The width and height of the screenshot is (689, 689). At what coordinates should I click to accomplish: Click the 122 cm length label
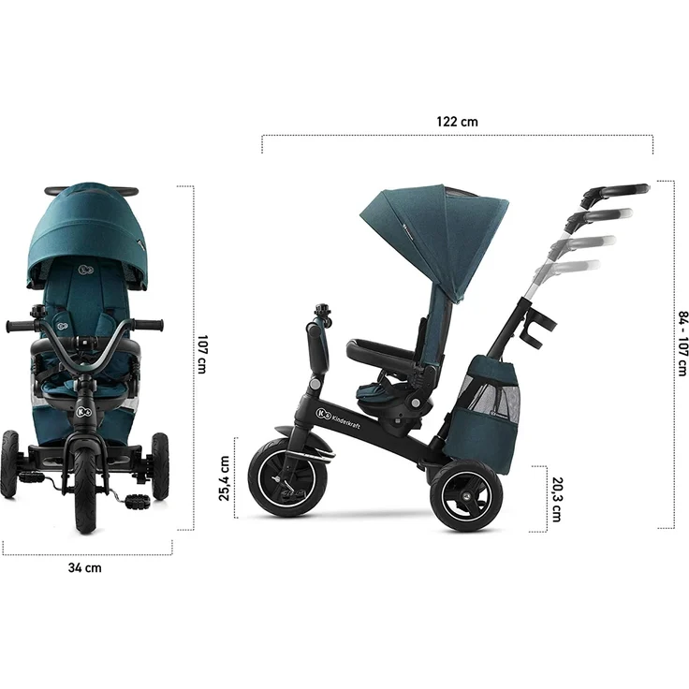click(x=457, y=122)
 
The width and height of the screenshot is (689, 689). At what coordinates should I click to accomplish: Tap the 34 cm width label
click(x=85, y=567)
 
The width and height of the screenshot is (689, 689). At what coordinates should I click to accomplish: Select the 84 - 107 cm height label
click(x=682, y=344)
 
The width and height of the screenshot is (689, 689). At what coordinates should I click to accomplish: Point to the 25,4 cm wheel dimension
click(x=224, y=478)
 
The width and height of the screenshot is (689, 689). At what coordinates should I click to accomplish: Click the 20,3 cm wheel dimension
click(x=556, y=499)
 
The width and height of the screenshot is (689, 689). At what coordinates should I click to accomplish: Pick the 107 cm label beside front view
click(x=201, y=354)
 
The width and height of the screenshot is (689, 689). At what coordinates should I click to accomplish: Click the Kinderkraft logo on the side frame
click(x=338, y=418)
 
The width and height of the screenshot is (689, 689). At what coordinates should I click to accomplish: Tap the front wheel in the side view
click(x=287, y=477)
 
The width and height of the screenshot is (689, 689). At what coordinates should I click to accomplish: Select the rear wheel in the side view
click(x=466, y=495)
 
